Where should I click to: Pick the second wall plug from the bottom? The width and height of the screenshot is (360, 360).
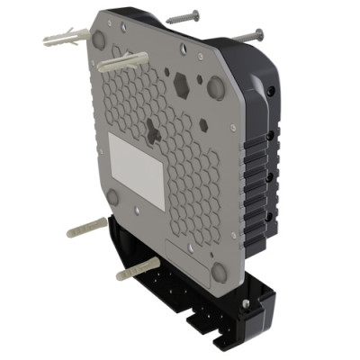87,227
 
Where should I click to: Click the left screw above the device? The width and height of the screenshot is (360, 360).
184,16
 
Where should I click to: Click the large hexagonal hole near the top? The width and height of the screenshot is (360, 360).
182,85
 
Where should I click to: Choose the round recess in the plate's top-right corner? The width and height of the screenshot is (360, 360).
216,87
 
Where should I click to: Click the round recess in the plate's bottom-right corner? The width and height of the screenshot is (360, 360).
219,271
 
